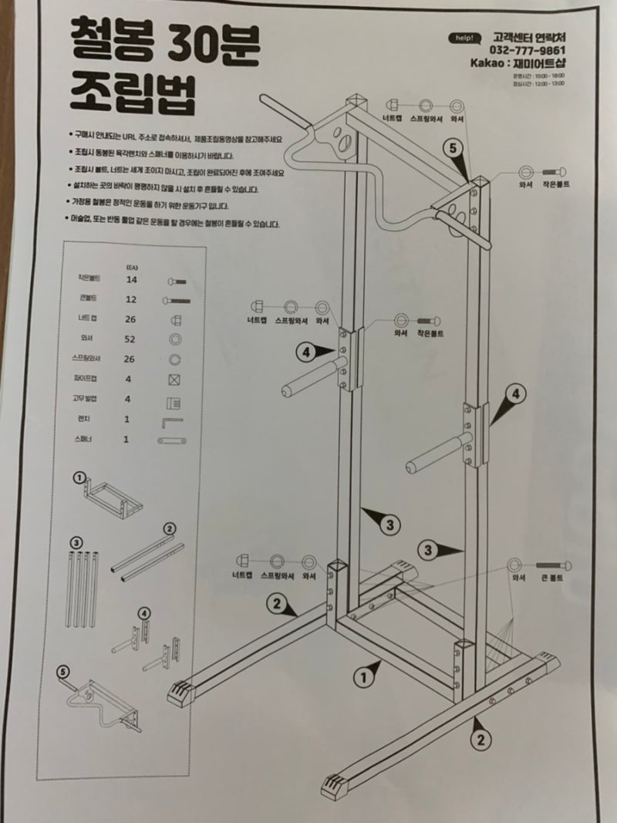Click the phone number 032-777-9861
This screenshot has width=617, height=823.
coord(531,51)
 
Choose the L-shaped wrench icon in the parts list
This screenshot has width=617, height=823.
coord(172,420)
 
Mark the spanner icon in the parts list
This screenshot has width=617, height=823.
coord(174,440)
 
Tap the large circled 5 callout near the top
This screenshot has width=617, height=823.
coord(453,147)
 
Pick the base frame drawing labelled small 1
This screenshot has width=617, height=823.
coord(112,496)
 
